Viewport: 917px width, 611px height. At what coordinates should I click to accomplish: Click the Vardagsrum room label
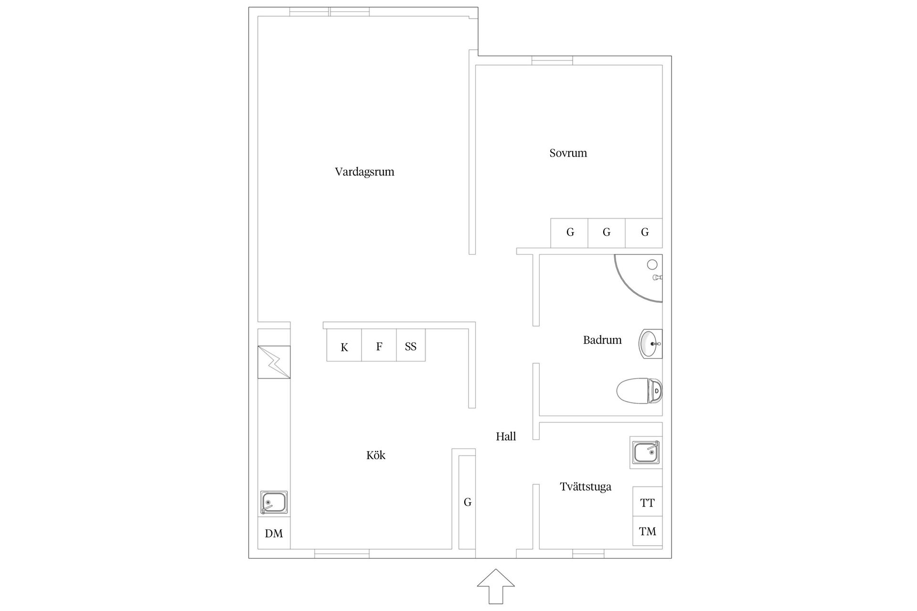point(364,172)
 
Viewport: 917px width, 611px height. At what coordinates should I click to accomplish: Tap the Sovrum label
point(568,153)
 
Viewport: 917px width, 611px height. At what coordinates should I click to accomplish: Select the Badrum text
point(602,340)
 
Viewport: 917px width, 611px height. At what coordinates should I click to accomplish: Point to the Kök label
point(376,455)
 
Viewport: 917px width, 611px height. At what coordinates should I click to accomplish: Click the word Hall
point(506,436)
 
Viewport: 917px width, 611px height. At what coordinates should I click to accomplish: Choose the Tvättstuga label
point(586,487)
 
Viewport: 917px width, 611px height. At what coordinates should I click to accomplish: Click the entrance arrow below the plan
point(496,586)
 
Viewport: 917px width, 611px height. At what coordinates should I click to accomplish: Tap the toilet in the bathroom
point(639,391)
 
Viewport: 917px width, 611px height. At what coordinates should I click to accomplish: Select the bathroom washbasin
point(650,344)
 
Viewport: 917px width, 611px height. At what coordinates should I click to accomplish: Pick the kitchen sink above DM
point(274,503)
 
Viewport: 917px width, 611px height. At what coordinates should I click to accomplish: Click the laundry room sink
point(646,452)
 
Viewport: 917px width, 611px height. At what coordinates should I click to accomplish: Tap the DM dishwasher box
point(274,533)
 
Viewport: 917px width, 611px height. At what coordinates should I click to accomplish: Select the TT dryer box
point(647,502)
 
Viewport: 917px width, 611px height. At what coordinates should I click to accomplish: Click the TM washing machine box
point(647,531)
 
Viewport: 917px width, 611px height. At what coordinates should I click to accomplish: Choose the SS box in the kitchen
point(411,346)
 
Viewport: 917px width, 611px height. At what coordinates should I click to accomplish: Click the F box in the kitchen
point(379,346)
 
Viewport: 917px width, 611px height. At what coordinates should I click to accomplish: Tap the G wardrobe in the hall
point(467,502)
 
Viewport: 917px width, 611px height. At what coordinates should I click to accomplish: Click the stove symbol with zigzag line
point(274,362)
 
